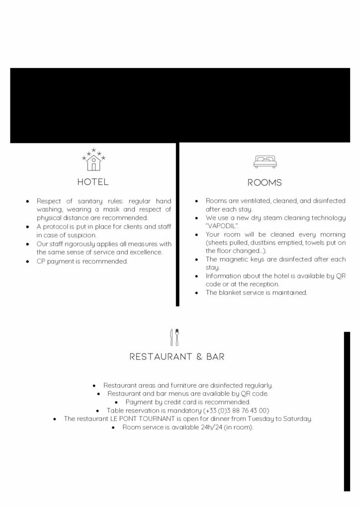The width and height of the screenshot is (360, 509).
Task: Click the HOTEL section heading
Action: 92,182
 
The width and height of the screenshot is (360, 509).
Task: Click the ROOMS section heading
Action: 265,182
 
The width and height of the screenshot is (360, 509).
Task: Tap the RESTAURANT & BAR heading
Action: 177,356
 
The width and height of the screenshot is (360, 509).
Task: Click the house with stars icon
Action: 93,159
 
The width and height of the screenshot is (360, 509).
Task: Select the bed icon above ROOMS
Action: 265,161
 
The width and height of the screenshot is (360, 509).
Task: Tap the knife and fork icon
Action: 175,337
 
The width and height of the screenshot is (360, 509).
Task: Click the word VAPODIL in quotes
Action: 222,226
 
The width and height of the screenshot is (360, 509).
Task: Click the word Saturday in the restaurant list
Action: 296,419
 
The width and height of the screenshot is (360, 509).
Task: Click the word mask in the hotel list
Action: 101,209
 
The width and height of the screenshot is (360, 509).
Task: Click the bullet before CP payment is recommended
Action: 27,261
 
